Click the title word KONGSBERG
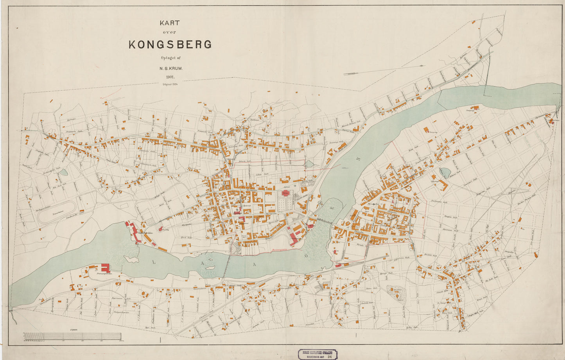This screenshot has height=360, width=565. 170,44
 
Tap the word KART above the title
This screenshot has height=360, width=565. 169,23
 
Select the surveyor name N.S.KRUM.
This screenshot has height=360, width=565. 171,68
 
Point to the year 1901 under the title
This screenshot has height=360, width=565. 171,77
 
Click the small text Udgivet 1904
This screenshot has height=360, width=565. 170,84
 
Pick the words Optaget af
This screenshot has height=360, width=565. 170,58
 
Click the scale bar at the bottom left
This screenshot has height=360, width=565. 72,336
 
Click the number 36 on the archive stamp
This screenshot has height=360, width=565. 330,356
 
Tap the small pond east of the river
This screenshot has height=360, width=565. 445,173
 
